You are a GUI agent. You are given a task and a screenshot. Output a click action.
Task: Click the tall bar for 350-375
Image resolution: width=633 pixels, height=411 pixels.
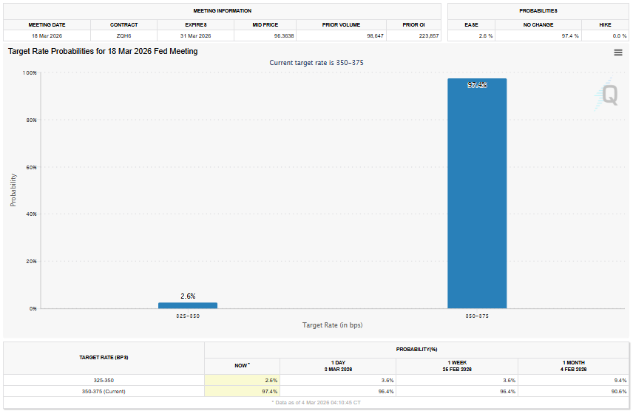pyautogui.click(x=477, y=193)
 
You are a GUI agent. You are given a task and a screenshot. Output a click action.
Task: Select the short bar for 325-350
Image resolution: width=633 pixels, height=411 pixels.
pyautogui.click(x=188, y=305)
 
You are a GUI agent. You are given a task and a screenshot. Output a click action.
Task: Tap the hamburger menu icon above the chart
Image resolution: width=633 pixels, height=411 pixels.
pyautogui.click(x=617, y=52)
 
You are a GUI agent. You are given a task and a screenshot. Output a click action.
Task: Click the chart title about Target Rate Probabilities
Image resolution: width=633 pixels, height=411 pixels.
pyautogui.click(x=103, y=52)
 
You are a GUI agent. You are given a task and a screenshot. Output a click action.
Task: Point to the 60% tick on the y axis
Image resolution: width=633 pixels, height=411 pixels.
pyautogui.click(x=30, y=167)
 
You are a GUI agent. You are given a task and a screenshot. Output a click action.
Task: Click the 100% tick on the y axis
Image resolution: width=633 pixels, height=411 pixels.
pyautogui.click(x=30, y=73)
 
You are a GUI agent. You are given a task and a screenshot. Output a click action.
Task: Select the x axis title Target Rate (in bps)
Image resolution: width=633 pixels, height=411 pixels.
pyautogui.click(x=332, y=325)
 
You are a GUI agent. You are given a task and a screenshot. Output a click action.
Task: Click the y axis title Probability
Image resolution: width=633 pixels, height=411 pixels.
pyautogui.click(x=13, y=190)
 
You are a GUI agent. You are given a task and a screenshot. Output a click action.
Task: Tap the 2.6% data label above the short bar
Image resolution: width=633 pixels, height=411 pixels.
pyautogui.click(x=188, y=296)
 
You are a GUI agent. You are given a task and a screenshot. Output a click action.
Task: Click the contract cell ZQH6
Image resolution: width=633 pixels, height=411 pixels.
pyautogui.click(x=123, y=35)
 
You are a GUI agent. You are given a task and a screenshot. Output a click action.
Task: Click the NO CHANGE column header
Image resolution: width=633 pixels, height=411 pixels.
pyautogui.click(x=538, y=24)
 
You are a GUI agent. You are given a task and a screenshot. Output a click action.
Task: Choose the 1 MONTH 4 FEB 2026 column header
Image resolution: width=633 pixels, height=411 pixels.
pyautogui.click(x=574, y=365)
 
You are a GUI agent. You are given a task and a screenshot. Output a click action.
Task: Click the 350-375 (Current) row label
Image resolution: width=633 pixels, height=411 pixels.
pyautogui.click(x=104, y=391)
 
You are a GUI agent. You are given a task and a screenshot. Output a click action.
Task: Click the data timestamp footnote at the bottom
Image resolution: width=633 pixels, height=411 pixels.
pyautogui.click(x=316, y=402)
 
